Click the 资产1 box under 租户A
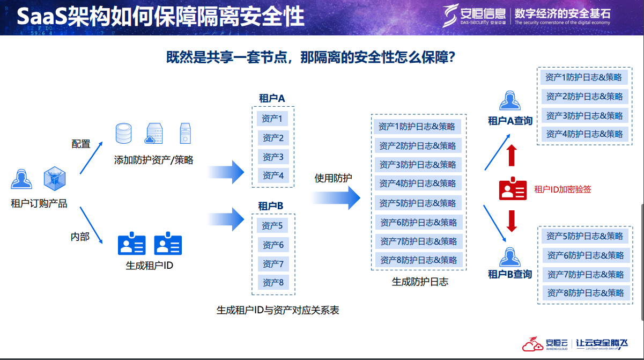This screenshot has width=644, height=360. [273, 119]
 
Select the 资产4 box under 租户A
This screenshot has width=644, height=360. [273, 175]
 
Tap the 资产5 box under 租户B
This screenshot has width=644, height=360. [272, 225]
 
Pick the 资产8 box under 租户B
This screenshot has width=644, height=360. [273, 282]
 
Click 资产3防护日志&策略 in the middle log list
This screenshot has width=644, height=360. [418, 165]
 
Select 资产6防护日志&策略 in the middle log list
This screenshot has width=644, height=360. [418, 222]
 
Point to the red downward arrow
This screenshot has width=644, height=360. [512, 221]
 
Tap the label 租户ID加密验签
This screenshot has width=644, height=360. [562, 189]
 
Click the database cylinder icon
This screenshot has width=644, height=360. [123, 134]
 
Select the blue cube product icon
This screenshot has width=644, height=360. [54, 178]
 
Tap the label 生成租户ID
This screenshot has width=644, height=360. [150, 265]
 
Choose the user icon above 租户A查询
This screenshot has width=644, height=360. [510, 101]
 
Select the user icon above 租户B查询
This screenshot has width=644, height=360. [510, 256]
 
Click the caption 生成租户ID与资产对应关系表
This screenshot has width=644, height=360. [278, 310]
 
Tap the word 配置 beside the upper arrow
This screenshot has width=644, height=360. [81, 144]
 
